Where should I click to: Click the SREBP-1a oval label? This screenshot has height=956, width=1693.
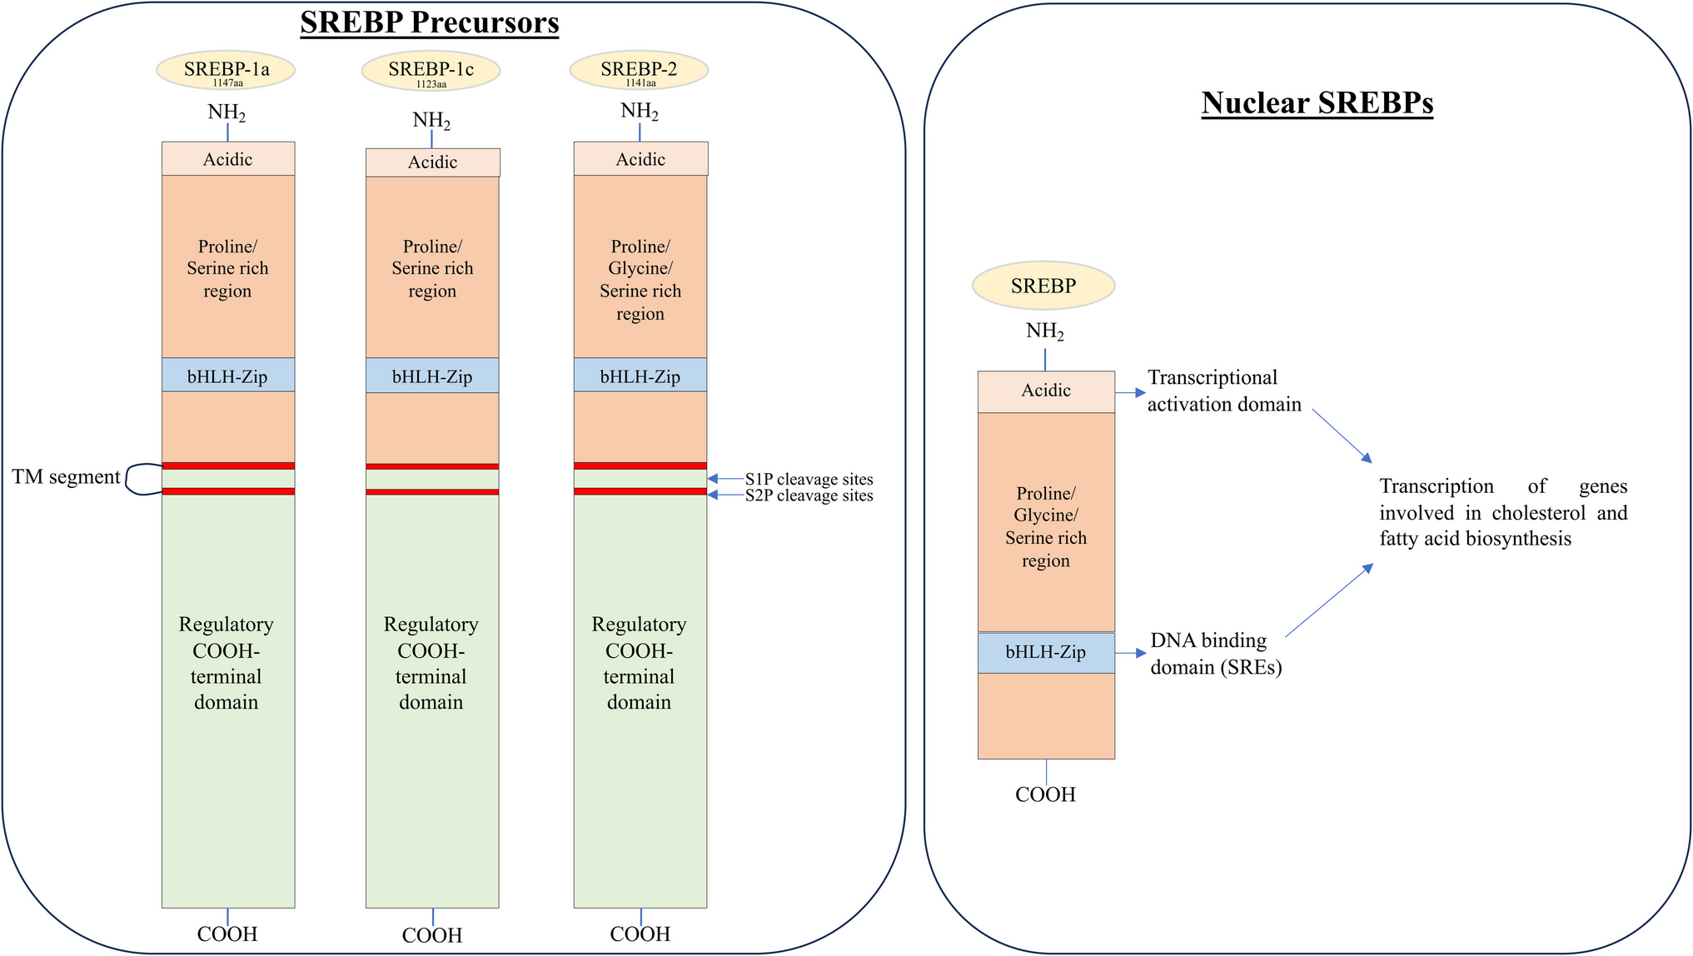(226, 71)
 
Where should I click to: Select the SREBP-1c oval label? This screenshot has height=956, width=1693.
(431, 71)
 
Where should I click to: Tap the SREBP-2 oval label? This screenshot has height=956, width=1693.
(639, 71)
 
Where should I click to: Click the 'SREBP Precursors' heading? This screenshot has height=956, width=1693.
(430, 22)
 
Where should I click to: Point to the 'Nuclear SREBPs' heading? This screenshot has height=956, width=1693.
(1317, 102)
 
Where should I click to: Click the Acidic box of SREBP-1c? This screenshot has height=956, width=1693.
(433, 162)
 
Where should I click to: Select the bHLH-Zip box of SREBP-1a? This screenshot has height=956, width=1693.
(228, 376)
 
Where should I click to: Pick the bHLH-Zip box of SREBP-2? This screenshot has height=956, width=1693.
(640, 376)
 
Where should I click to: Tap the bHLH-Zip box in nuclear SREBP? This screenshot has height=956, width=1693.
(1046, 653)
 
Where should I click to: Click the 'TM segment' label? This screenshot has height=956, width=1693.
(66, 477)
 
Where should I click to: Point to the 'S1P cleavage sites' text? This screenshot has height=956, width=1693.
(809, 480)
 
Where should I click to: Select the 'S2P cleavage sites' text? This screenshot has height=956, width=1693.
(809, 495)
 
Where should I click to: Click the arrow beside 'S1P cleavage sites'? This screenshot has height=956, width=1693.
(725, 479)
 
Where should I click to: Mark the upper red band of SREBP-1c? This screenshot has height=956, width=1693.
(432, 466)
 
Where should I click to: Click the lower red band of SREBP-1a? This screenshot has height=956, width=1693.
(228, 491)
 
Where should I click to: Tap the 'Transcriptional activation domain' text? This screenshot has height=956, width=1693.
(1223, 391)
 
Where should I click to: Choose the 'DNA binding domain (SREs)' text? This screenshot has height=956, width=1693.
(1215, 654)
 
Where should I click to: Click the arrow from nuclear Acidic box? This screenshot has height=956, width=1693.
(1130, 392)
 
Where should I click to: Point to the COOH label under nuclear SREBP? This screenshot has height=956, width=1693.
(1045, 794)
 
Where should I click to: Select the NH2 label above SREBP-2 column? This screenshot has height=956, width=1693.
(640, 112)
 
